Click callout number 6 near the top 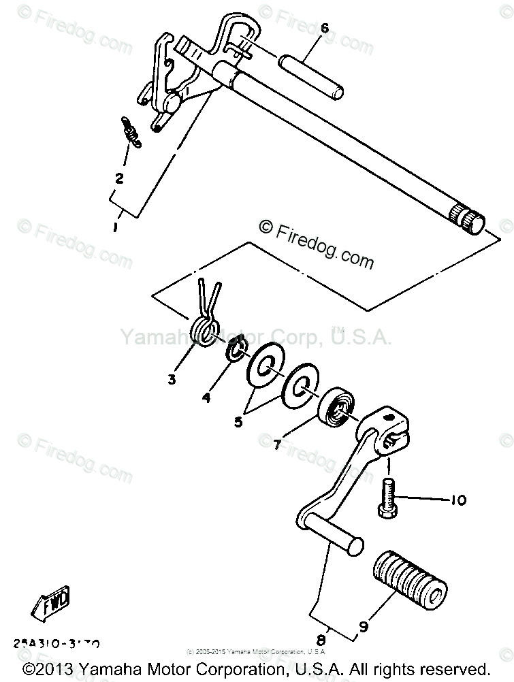[324, 29]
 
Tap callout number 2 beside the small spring [119, 178]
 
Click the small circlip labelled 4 [236, 351]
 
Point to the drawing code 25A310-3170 [57, 643]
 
